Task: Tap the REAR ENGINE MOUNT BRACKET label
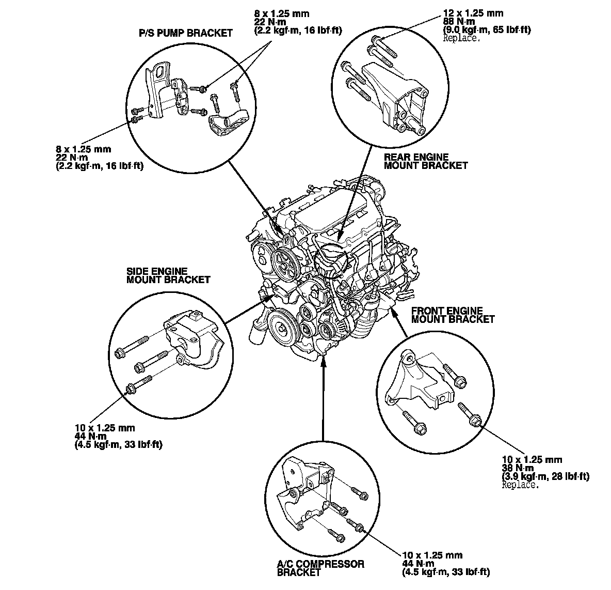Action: coord(426,161)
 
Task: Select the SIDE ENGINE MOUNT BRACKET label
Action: coord(168,275)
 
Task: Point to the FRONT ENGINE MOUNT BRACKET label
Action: coord(452,315)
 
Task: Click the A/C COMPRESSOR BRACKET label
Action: coord(320,568)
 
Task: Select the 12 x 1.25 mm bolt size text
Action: coord(473,13)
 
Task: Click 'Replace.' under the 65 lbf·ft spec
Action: coord(461,38)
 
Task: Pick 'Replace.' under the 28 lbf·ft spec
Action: coord(520,485)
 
